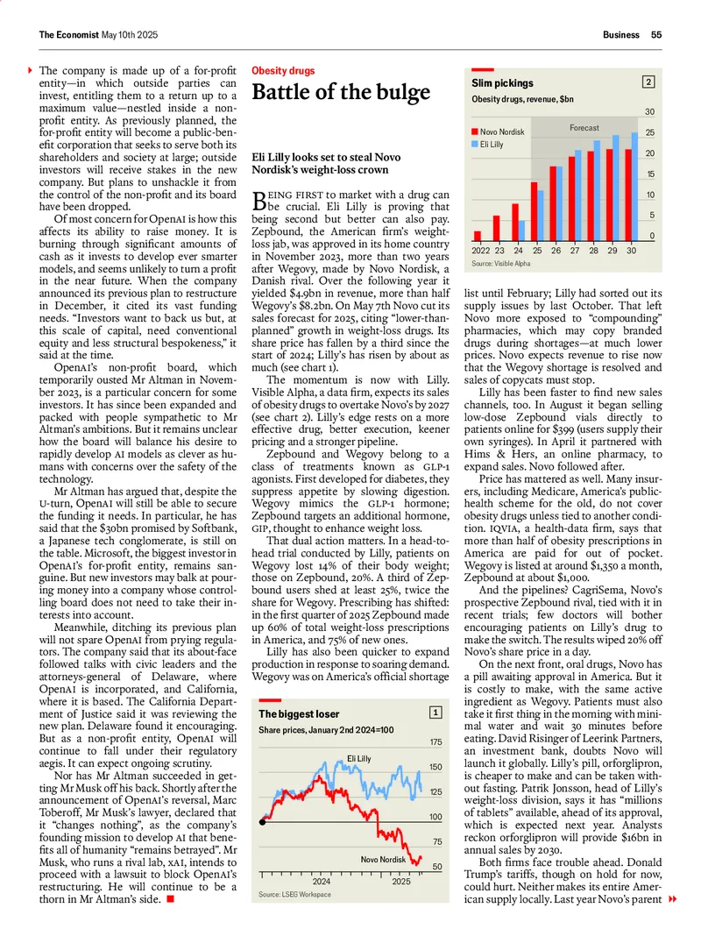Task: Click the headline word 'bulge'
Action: point(399,93)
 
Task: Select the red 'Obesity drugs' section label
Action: point(283,70)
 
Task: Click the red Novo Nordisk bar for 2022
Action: point(478,235)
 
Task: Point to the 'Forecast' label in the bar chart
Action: point(584,128)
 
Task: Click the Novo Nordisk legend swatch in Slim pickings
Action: point(475,132)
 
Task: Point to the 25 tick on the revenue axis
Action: point(650,132)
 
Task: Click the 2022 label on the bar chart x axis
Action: point(481,251)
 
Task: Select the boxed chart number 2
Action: point(648,82)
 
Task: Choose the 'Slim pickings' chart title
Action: point(502,83)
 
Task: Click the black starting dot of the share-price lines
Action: point(263,820)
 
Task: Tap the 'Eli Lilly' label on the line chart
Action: point(359,758)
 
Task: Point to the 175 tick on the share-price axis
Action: point(435,742)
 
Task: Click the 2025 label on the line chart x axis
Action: point(400,881)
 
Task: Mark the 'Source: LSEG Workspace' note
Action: point(295,894)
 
